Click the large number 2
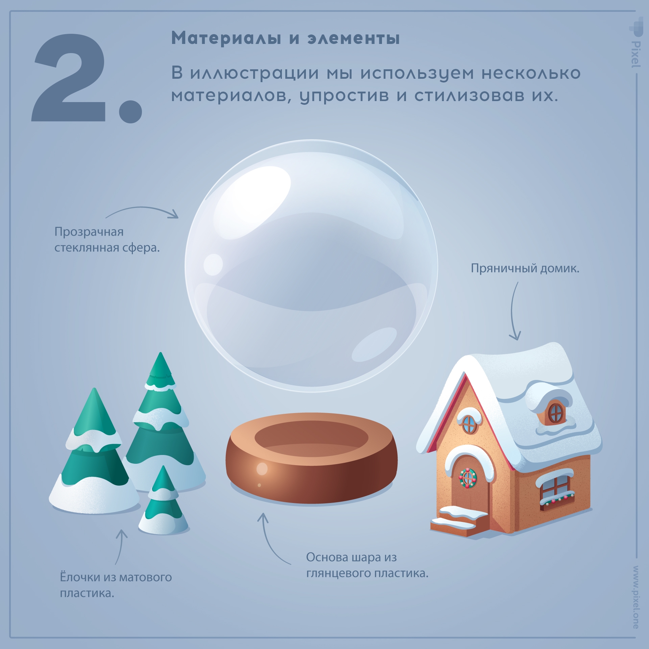click(69, 78)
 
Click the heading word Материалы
click(226, 38)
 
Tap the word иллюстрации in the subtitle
click(255, 73)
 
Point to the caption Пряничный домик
click(525, 269)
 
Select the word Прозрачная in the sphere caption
click(89, 232)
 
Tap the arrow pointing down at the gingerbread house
click(513, 311)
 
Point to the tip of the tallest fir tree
click(161, 353)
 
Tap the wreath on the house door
click(467, 478)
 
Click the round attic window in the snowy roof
click(556, 412)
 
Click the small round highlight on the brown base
click(262, 469)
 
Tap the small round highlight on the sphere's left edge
click(213, 264)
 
